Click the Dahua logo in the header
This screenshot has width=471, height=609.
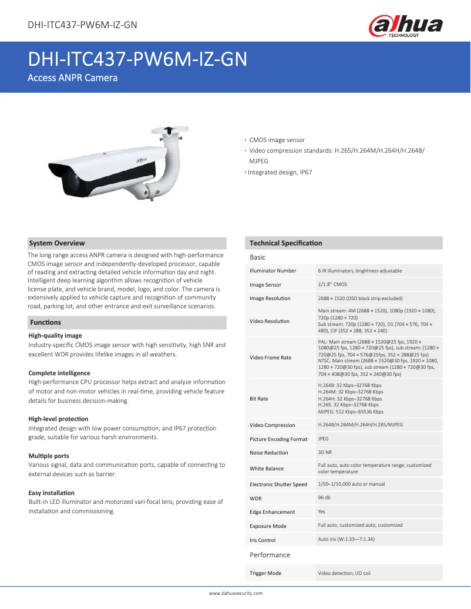click(405, 26)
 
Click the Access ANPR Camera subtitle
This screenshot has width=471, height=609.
click(73, 78)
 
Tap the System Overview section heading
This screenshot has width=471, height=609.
click(57, 243)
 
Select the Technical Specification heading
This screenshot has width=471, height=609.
click(285, 243)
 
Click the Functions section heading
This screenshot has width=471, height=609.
click(46, 322)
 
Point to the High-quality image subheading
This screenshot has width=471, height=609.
click(55, 335)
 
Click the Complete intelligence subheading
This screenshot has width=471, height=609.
click(59, 373)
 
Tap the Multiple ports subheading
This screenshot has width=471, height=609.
click(49, 456)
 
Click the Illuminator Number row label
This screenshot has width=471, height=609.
click(273, 271)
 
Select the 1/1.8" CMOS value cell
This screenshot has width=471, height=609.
click(332, 284)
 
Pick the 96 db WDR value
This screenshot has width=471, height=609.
click(324, 498)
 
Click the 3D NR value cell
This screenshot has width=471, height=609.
click(325, 452)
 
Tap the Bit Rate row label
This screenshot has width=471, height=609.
click(259, 399)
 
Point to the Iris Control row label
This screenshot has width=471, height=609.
click(263, 540)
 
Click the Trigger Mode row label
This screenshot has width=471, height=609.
click(265, 573)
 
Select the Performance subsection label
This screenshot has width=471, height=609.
click(270, 555)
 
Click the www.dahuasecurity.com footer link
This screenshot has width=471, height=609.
click(235, 593)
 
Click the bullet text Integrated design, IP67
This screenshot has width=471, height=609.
click(280, 173)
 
